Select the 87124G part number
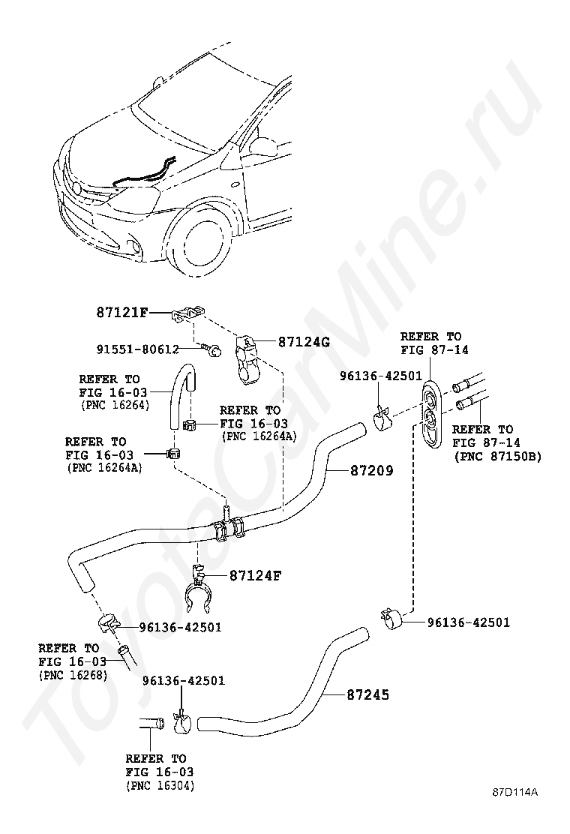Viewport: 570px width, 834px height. point(304,342)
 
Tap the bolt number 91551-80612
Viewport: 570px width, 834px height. point(137,349)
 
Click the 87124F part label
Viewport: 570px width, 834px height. point(234,576)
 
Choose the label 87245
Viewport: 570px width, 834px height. point(367,695)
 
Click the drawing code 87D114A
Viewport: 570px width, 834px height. point(515,793)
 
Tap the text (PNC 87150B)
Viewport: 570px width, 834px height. point(497,457)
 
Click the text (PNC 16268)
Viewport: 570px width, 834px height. point(73,675)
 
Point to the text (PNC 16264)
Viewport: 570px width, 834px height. point(115,405)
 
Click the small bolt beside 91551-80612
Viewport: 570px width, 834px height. point(212,349)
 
